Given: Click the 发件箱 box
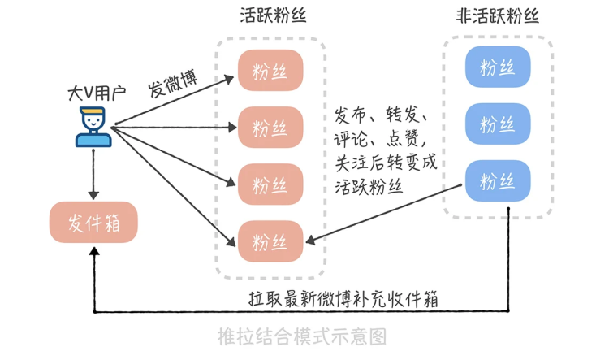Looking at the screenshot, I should coord(93,222).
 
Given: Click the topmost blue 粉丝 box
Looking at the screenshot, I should coord(497,67).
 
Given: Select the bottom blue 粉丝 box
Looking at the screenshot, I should coord(497,180).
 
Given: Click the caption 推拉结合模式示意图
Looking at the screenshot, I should coord(302,336).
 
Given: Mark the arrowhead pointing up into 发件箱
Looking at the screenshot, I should coord(94,254).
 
